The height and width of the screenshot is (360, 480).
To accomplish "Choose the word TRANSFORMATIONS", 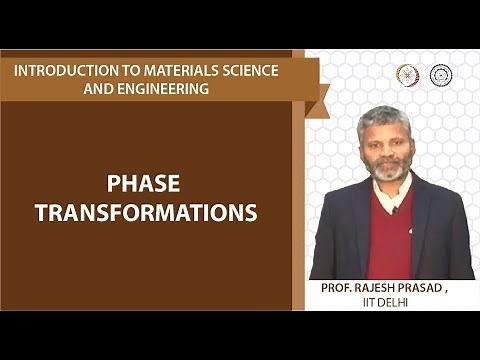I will click(x=146, y=212).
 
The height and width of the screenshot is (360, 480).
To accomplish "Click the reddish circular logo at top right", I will click(x=407, y=74).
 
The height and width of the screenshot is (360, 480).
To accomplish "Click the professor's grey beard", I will click(x=391, y=171).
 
